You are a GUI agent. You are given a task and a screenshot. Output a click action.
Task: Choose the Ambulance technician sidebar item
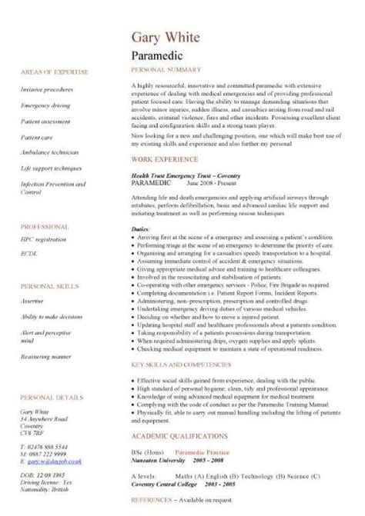(x=50, y=152)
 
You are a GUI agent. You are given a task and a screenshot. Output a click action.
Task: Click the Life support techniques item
(x=52, y=166)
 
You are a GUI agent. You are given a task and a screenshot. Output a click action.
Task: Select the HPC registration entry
(x=43, y=240)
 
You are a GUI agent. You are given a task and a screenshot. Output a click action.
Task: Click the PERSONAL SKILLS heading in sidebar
(x=49, y=284)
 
